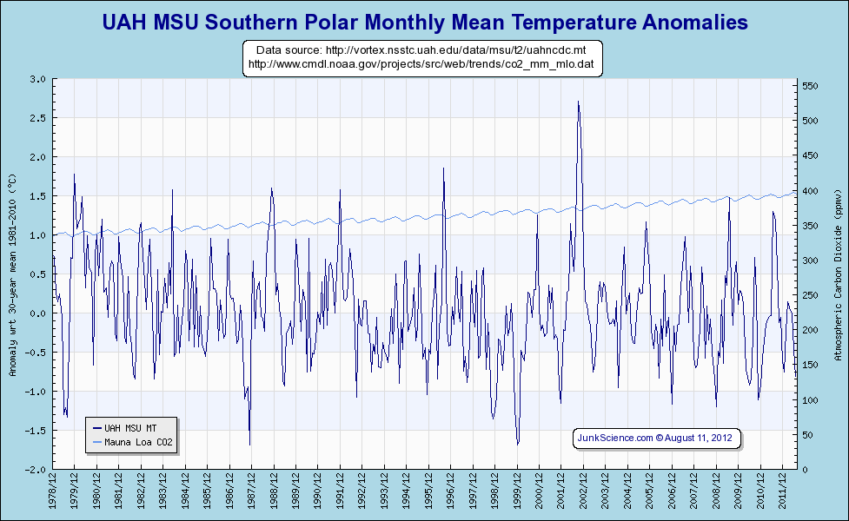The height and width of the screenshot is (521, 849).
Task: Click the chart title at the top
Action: coord(424,23)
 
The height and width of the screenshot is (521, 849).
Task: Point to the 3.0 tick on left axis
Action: coord(38,79)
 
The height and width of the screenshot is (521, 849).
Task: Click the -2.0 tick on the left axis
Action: coord(36,469)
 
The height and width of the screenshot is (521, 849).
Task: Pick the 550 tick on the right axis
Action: coord(811,86)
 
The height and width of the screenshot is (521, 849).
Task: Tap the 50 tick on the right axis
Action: coord(808,434)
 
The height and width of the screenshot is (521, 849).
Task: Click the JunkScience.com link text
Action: coord(614,438)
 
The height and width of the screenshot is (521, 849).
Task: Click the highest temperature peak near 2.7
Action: coord(578,102)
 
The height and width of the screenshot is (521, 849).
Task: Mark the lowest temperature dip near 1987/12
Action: coord(249,444)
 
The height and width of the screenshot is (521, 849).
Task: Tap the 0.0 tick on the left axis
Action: coord(38,313)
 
